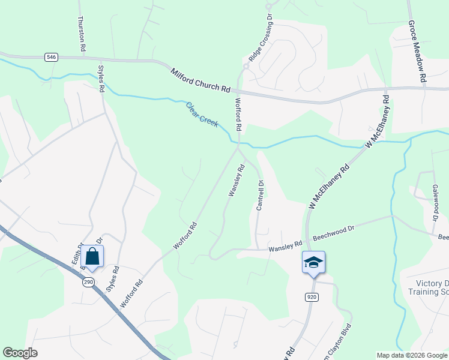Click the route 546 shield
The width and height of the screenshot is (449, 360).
51,57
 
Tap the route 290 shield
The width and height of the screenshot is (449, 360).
88,282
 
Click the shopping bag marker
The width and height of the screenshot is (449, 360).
92,257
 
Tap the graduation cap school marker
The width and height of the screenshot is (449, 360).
313,263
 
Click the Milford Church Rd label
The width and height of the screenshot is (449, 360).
200,79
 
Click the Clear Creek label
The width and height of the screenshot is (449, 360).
202,113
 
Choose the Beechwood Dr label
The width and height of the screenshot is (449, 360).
330,229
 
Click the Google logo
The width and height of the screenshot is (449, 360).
20,353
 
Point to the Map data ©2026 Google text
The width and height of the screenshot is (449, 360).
412,355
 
